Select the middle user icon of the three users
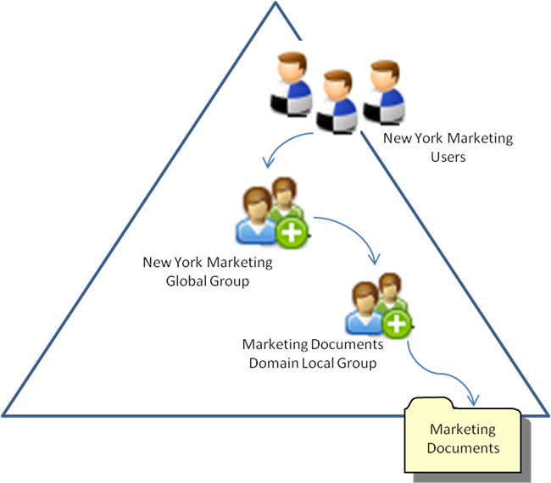pyautogui.click(x=336, y=102)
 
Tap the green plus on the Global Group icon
pyautogui.click(x=292, y=232)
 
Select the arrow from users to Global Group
pyautogui.click(x=280, y=149)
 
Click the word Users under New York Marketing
pyautogui.click(x=448, y=156)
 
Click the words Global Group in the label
pyautogui.click(x=208, y=280)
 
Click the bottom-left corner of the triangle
pyautogui.click(x=5, y=414)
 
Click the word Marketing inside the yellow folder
pyautogui.click(x=463, y=430)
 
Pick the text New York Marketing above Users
pyautogui.click(x=448, y=138)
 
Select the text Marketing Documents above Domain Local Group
pyautogui.click(x=313, y=346)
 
